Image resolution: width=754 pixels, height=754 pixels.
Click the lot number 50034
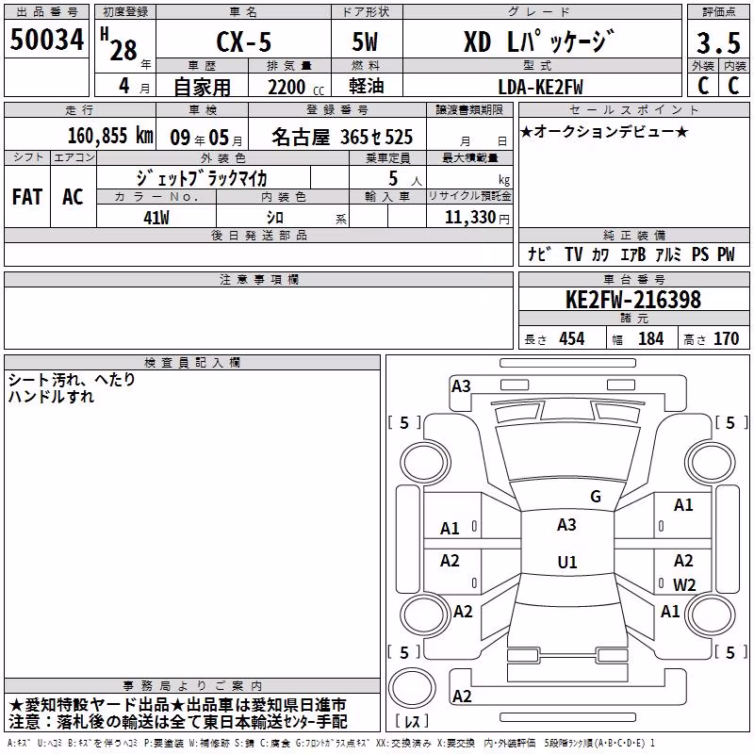46,40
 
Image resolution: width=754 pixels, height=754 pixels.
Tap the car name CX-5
243,41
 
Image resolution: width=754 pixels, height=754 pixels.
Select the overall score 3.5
718,42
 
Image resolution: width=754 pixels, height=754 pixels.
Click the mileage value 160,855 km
110,136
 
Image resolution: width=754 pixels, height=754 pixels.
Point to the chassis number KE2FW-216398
633,300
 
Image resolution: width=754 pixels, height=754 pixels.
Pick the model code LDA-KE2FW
540,87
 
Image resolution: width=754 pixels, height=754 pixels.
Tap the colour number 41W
156,218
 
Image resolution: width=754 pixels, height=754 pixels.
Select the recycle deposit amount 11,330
470,218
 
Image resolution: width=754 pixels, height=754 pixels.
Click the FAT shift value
27,197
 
